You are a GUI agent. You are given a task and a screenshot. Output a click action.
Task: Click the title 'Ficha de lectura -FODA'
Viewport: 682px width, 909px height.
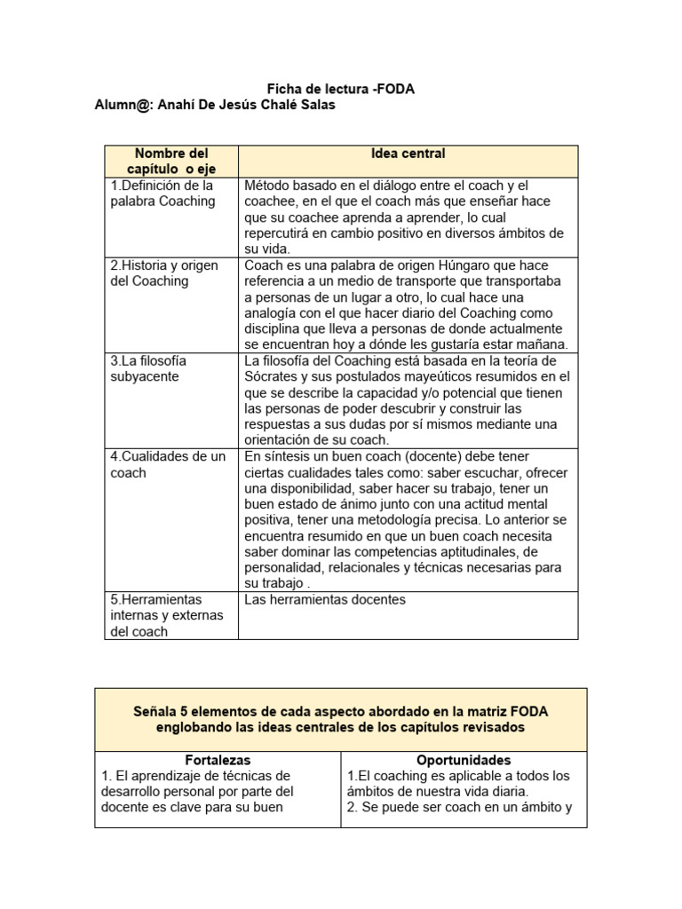pyautogui.click(x=342, y=89)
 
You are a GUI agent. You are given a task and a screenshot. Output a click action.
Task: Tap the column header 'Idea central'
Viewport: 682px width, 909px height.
pyautogui.click(x=408, y=154)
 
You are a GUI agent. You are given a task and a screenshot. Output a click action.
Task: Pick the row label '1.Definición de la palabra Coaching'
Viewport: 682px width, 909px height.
pyautogui.click(x=163, y=193)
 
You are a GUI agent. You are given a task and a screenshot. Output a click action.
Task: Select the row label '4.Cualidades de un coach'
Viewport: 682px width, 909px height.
pyautogui.click(x=168, y=464)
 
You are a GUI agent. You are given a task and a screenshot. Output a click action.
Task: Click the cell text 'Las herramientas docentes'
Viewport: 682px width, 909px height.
pyautogui.click(x=324, y=599)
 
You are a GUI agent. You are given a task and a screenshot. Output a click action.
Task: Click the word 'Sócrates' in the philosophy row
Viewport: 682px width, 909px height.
pyautogui.click(x=272, y=376)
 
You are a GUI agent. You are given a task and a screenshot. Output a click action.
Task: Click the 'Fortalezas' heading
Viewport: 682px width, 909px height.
pyautogui.click(x=218, y=761)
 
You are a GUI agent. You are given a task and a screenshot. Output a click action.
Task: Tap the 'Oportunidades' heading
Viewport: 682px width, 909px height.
pyautogui.click(x=464, y=761)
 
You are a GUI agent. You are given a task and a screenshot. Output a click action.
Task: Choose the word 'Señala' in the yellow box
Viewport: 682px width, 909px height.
pyautogui.click(x=155, y=711)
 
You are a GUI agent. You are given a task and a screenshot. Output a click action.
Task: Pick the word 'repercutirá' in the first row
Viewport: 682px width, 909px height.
pyautogui.click(x=282, y=233)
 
